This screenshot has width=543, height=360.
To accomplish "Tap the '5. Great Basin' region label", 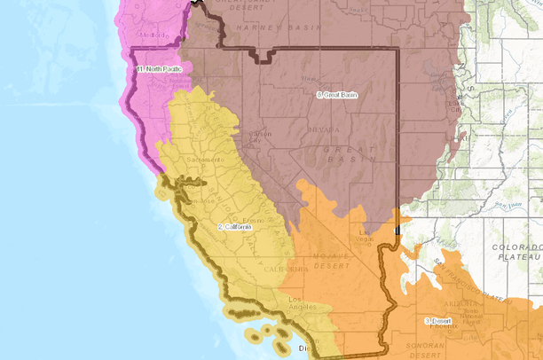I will pyautogui.click(x=335, y=94).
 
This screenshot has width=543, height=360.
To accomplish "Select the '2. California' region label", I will pyautogui.click(x=235, y=228).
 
